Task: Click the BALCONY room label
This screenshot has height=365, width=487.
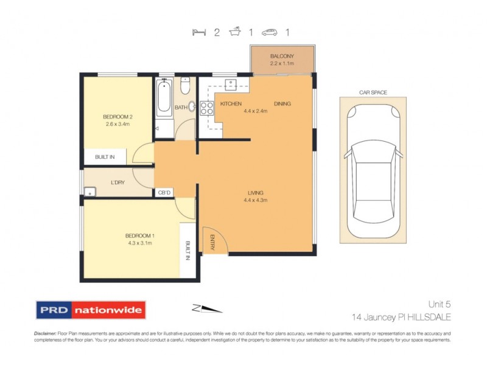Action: click(282, 57)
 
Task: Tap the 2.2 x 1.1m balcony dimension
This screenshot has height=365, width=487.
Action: click(282, 63)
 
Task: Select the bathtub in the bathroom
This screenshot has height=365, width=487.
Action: click(164, 97)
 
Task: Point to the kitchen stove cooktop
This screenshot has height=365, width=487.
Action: click(206, 108)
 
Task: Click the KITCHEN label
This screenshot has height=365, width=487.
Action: click(231, 104)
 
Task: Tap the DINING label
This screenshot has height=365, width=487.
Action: click(282, 104)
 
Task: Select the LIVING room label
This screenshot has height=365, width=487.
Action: click(256, 192)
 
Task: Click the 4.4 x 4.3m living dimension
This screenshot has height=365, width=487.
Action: click(256, 200)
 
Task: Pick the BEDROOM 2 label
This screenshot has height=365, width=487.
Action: click(116, 117)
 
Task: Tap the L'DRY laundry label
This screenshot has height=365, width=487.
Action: click(118, 182)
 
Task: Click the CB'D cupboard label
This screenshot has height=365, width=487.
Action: click(164, 193)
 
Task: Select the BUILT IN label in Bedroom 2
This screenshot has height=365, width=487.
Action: click(105, 157)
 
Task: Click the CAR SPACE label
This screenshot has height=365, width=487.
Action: click(373, 92)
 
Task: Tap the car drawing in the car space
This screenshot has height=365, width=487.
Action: click(373, 173)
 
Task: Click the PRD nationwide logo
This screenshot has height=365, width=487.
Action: click(91, 310)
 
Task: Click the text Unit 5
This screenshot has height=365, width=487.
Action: click(438, 304)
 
